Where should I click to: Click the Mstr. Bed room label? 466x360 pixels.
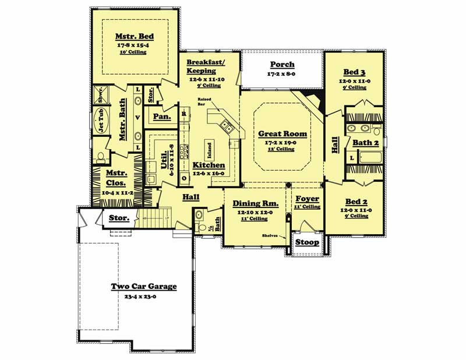pos(135,36)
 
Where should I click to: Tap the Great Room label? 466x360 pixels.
pos(283,134)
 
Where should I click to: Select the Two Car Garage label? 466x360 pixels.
pos(144,287)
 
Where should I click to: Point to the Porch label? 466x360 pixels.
pos(282,64)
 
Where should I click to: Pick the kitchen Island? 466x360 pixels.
pos(210,151)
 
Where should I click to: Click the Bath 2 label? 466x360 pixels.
pos(365,142)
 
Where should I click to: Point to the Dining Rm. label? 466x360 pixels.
pos(255,204)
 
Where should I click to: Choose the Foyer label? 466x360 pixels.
pos(306,199)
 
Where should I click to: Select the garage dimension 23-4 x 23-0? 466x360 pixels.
pos(144,296)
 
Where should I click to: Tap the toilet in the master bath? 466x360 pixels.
pos(101,157)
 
